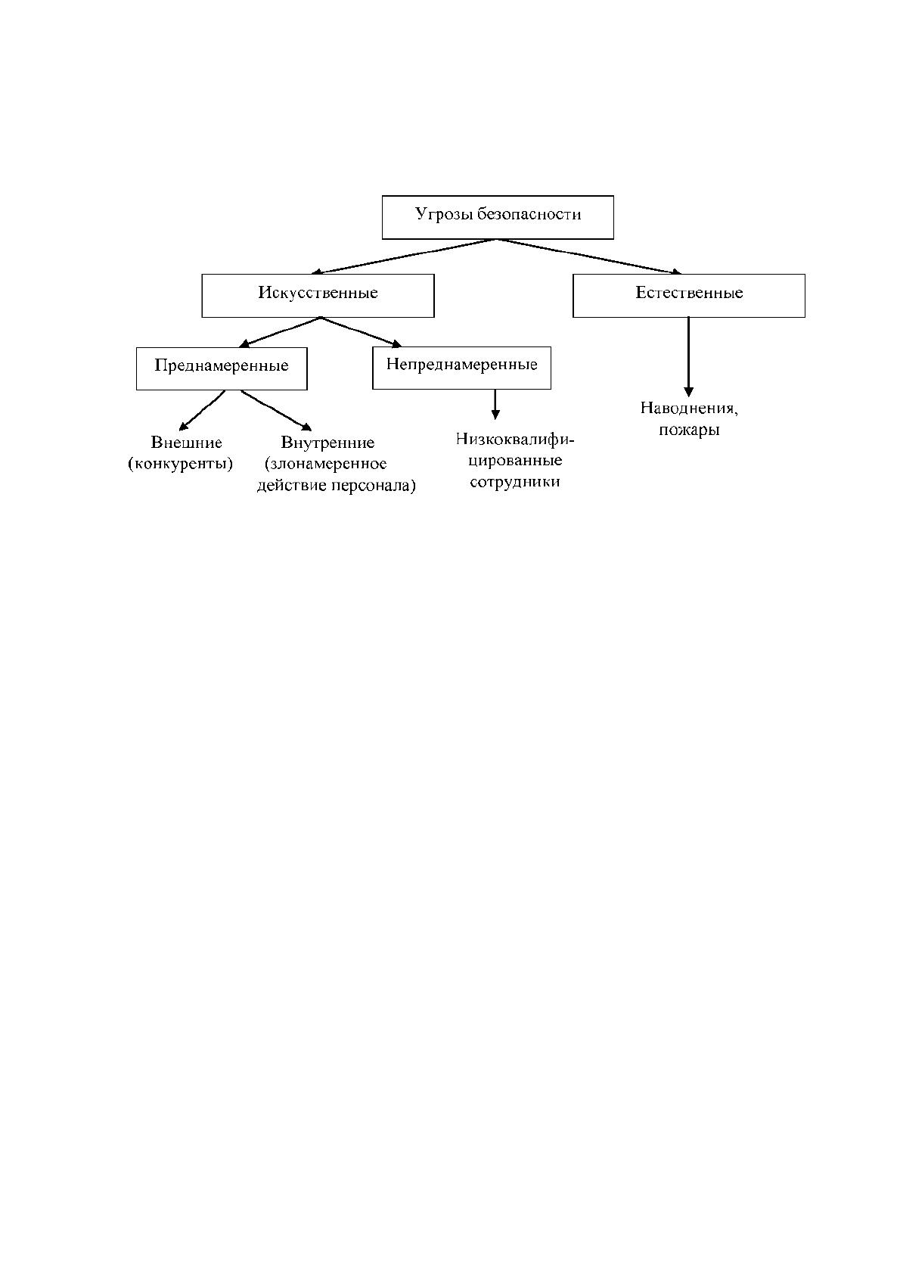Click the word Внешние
187,442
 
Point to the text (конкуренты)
181,464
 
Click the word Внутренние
327,442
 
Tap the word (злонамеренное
326,464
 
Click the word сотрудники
515,482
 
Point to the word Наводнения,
689,408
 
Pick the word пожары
689,430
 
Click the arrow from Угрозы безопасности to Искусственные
404,256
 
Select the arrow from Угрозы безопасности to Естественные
589,256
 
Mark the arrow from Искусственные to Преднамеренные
280,331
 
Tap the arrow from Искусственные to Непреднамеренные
361,331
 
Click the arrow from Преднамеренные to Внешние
202,410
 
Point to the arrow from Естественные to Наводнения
688,356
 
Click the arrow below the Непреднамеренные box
495,405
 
